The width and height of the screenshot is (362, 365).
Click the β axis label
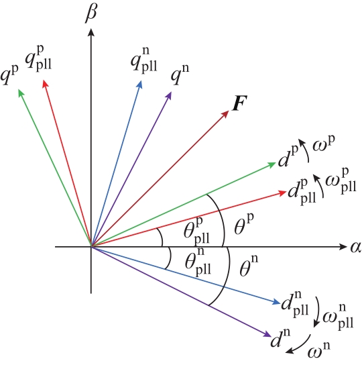(x=91, y=14)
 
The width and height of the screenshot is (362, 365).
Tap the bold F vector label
(x=240, y=103)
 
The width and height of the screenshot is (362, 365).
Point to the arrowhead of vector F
(x=225, y=114)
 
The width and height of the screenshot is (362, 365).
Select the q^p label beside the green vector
(x=9, y=75)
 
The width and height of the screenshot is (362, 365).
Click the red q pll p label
(x=39, y=58)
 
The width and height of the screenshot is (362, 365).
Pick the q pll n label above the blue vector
(x=143, y=60)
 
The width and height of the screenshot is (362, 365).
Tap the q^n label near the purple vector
(x=180, y=74)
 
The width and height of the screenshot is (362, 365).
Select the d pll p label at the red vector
(x=302, y=192)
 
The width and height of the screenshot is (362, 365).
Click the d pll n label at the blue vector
(x=295, y=304)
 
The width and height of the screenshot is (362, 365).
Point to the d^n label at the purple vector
(x=280, y=337)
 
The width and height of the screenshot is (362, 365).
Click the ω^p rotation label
(x=324, y=144)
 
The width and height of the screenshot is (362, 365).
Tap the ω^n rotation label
(x=318, y=350)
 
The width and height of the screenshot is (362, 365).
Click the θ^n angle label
(x=249, y=266)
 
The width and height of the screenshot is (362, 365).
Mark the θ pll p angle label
(x=196, y=231)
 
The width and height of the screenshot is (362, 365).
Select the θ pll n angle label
(x=198, y=262)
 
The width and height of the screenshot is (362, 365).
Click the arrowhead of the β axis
(x=91, y=32)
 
